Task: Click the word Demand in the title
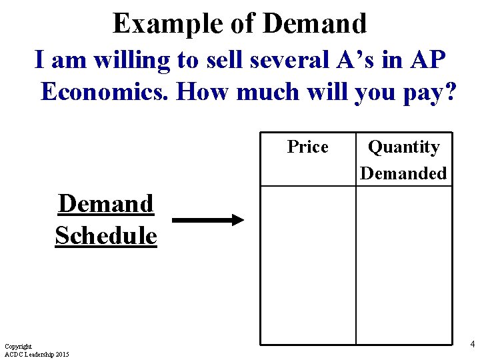point(315,23)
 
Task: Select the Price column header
point(307,147)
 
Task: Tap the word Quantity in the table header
point(403,147)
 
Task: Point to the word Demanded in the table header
point(403,173)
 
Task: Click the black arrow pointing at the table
point(208,220)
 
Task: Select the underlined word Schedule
point(106,235)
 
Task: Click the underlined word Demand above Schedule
point(106,203)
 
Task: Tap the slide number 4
point(472,344)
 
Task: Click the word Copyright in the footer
point(18,347)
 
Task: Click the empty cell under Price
point(307,265)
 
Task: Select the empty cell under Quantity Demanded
point(403,265)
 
